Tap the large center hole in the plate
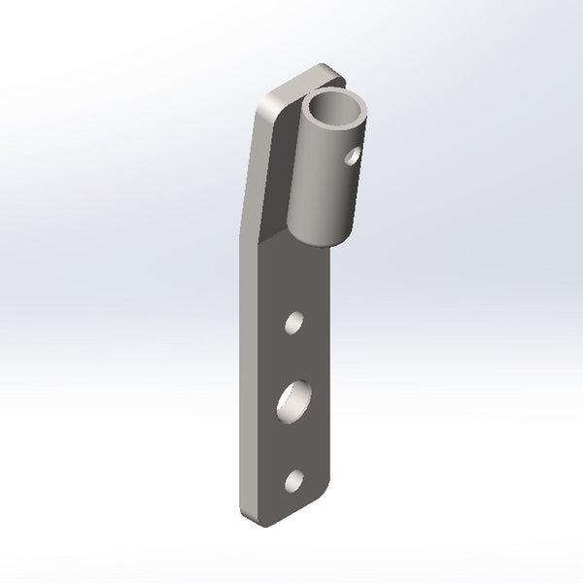point(294,399)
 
